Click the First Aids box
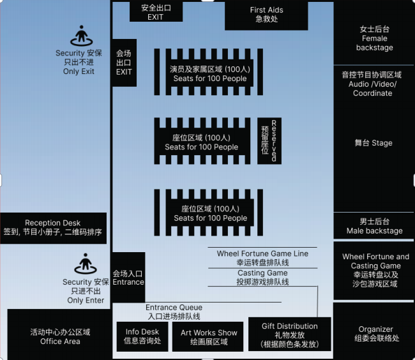[x=266, y=15]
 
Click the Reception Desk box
[x=53, y=228]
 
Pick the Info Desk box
[x=142, y=336]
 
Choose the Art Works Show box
[x=209, y=336]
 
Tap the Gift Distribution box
[x=289, y=334]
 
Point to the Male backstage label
[x=374, y=226]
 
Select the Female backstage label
[x=374, y=38]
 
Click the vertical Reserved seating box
[x=269, y=140]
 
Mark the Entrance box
[x=128, y=278]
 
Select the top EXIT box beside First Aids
[x=156, y=12]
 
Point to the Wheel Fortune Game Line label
[x=262, y=253]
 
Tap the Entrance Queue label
[x=174, y=311]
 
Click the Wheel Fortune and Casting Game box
[x=375, y=270]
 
